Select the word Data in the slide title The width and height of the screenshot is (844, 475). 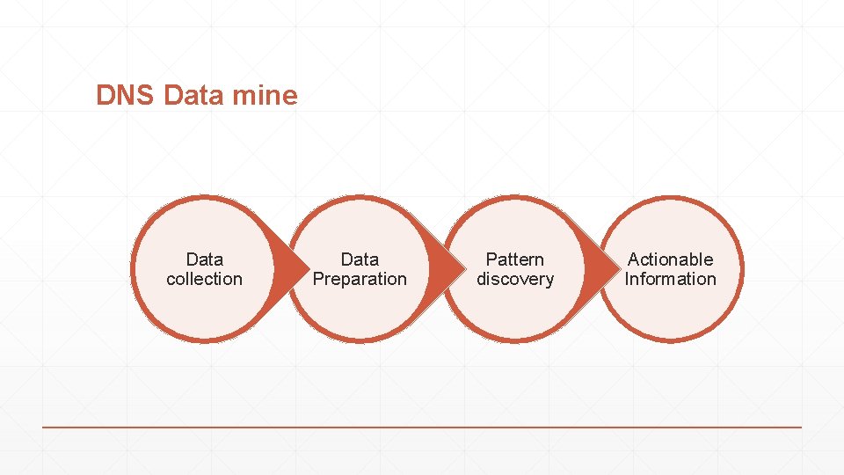[x=194, y=95]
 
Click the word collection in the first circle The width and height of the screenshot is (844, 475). [x=204, y=279]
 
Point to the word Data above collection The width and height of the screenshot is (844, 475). [x=204, y=259]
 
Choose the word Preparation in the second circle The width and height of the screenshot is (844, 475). [x=360, y=279]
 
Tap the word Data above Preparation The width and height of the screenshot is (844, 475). [x=360, y=259]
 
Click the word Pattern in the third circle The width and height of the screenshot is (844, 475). [x=515, y=259]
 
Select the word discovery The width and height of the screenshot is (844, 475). [x=515, y=279]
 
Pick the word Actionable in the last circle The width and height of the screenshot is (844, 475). [x=671, y=259]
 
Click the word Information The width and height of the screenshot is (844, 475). [x=671, y=279]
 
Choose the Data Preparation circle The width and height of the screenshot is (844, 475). [x=360, y=312]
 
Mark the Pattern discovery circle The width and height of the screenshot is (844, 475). [x=515, y=312]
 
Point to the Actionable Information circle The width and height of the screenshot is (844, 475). [x=671, y=312]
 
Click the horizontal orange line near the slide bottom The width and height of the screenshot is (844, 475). [x=422, y=427]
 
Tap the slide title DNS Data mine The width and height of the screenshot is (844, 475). [x=197, y=95]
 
